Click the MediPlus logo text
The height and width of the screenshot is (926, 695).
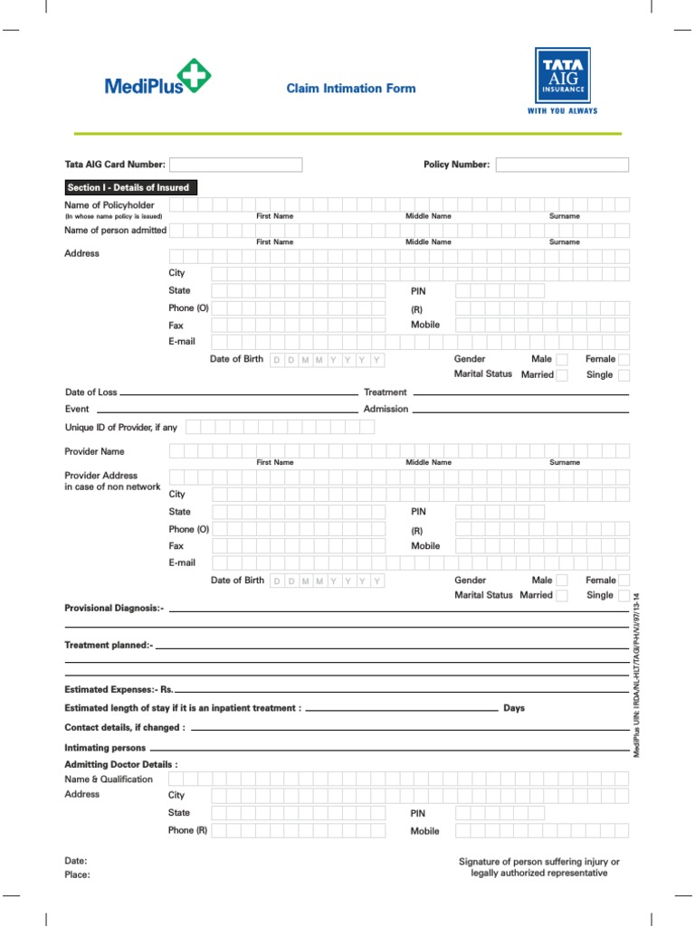[x=144, y=87]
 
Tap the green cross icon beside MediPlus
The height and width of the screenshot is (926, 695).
[x=193, y=76]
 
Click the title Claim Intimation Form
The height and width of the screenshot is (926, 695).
[x=351, y=89]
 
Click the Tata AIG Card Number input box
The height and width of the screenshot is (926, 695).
[x=236, y=165]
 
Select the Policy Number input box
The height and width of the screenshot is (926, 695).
[x=562, y=165]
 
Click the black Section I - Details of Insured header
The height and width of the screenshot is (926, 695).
[x=130, y=188]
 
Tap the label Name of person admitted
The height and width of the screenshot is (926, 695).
[x=115, y=231]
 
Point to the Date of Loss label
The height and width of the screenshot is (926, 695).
[x=90, y=392]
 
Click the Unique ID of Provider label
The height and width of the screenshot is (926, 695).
[x=120, y=427]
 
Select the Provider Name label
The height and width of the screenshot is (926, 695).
[x=94, y=451]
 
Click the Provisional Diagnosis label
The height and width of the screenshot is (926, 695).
[x=114, y=609]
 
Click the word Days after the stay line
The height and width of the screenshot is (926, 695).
[x=514, y=708]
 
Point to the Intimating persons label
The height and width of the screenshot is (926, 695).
[x=105, y=748]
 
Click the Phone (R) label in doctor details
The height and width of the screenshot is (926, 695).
[x=187, y=830]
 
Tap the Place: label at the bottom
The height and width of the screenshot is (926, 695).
[x=77, y=875]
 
